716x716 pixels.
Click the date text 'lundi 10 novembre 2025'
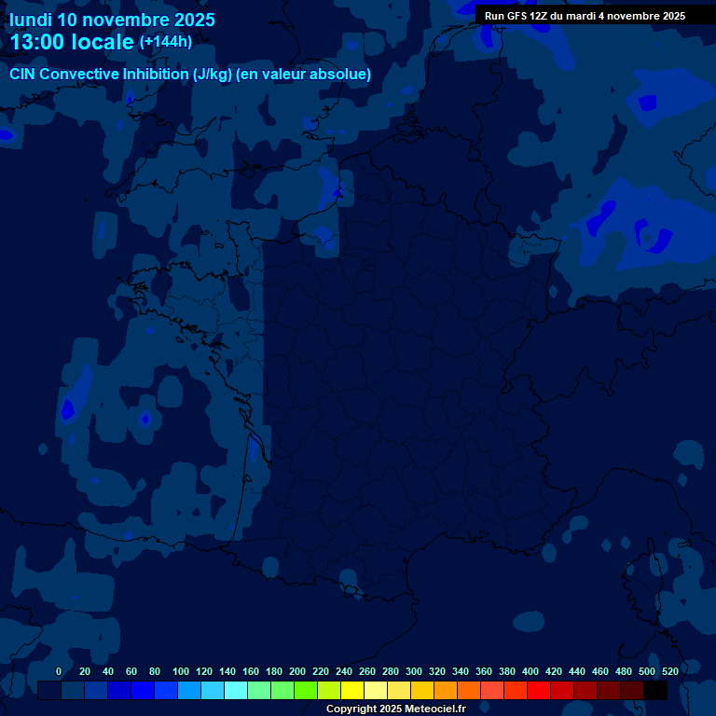[112, 20]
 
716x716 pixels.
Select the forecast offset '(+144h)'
[166, 41]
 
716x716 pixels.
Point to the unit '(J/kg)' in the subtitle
[213, 75]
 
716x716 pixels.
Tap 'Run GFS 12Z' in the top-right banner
[516, 16]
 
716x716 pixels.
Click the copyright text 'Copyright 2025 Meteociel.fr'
[395, 709]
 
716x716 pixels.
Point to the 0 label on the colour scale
[59, 671]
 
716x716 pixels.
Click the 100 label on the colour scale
[181, 671]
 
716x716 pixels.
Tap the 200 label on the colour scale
[297, 671]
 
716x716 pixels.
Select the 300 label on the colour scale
[414, 671]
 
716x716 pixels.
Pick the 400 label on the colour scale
[530, 671]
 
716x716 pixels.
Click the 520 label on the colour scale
[669, 671]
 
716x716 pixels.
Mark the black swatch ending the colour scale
[655, 691]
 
